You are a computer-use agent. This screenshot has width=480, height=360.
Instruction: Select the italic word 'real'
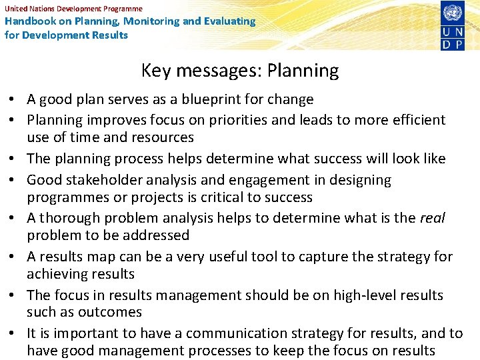431,218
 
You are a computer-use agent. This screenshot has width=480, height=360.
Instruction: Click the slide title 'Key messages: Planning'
240,71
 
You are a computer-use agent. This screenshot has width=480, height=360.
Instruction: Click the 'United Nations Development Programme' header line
73,9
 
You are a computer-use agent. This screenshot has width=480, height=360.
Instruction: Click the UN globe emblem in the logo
452,13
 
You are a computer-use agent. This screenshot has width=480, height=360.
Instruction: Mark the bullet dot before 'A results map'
13,257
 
